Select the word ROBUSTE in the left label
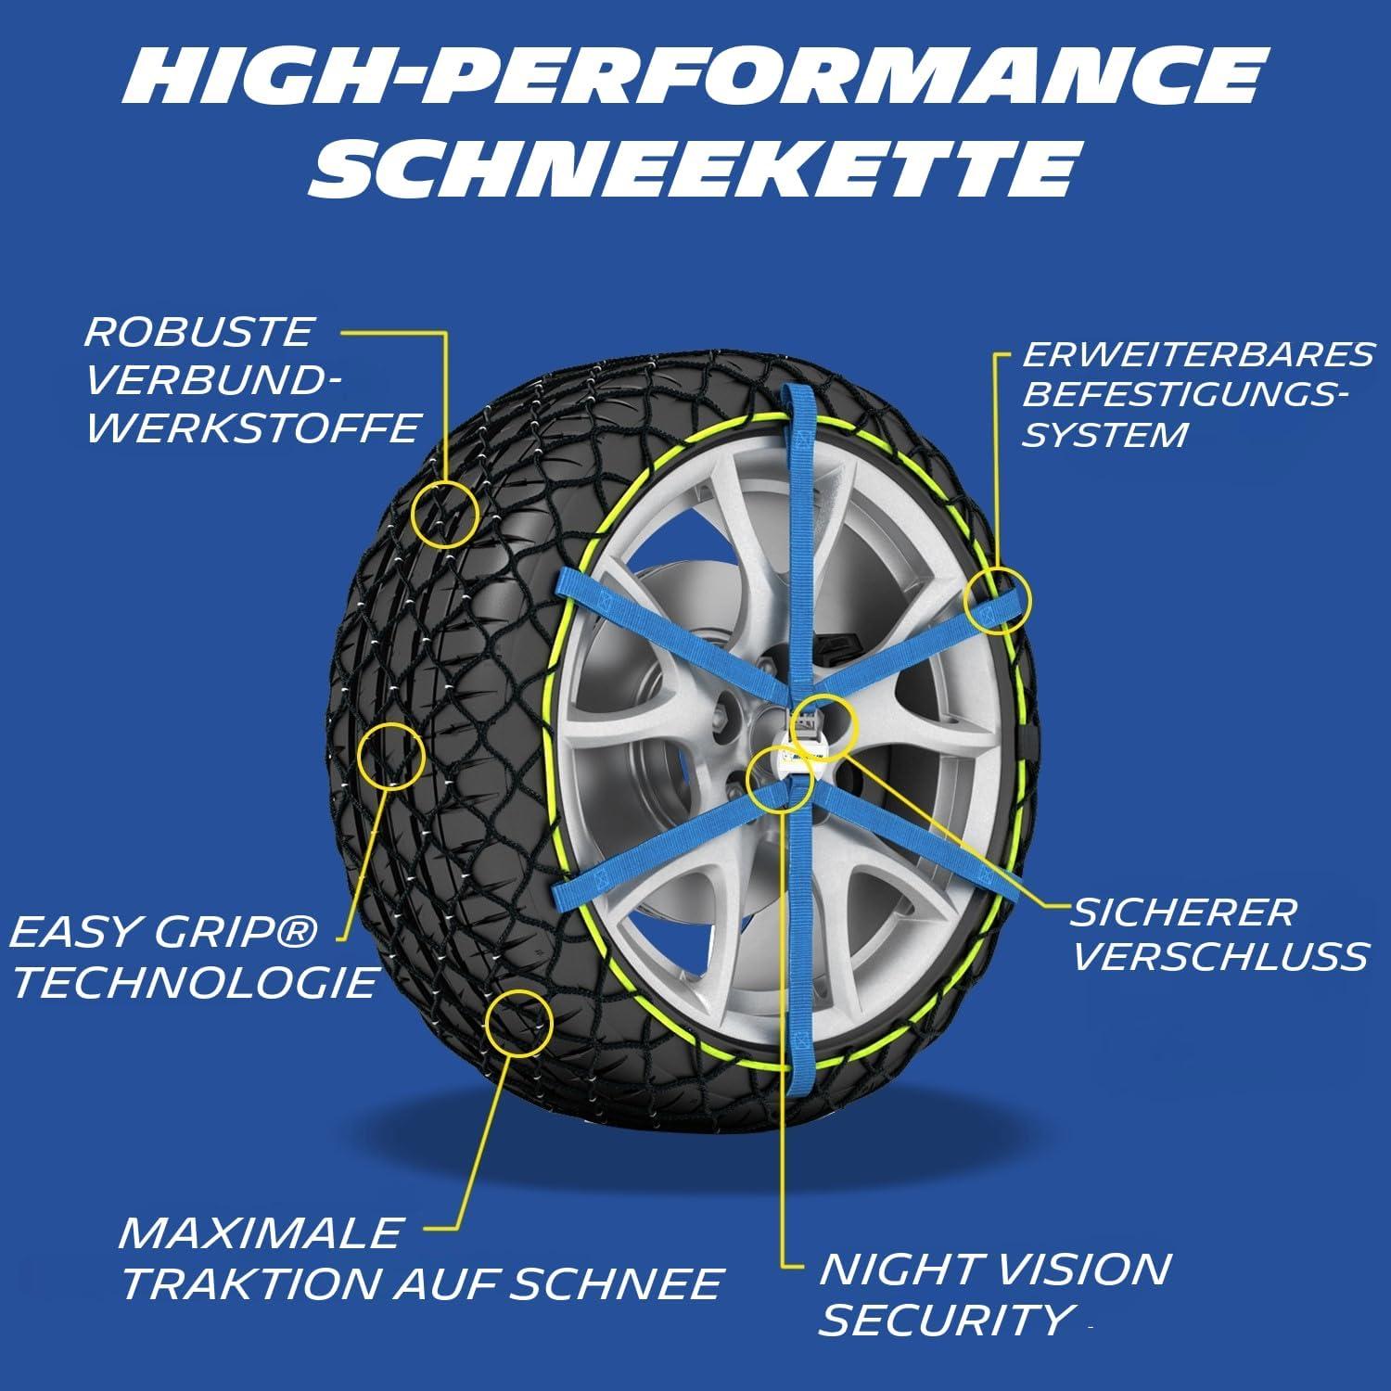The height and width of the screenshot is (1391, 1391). [199, 332]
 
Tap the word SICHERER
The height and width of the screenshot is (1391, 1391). [1183, 912]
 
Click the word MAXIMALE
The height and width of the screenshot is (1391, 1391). [261, 1233]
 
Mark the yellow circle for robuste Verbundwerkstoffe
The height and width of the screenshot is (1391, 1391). [445, 514]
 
